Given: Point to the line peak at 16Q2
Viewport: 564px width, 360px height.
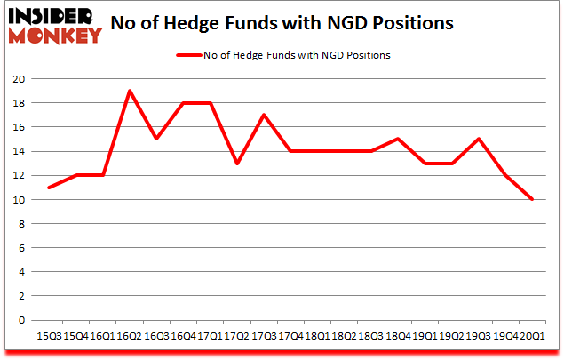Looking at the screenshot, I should (x=130, y=91).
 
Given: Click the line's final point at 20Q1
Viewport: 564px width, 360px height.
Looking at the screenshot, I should (x=533, y=199).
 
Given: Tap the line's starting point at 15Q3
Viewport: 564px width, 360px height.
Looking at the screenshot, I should (x=49, y=188).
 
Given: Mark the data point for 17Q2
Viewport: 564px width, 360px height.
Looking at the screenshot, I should (x=237, y=164).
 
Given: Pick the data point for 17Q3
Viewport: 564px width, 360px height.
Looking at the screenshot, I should (x=264, y=115).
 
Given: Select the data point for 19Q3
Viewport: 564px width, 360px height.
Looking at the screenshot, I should (x=480, y=139).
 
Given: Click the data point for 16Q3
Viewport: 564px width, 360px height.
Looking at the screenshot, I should (x=156, y=139).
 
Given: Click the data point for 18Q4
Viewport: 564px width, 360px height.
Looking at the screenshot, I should (x=399, y=139).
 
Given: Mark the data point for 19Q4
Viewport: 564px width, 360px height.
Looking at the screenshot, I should (x=506, y=175).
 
